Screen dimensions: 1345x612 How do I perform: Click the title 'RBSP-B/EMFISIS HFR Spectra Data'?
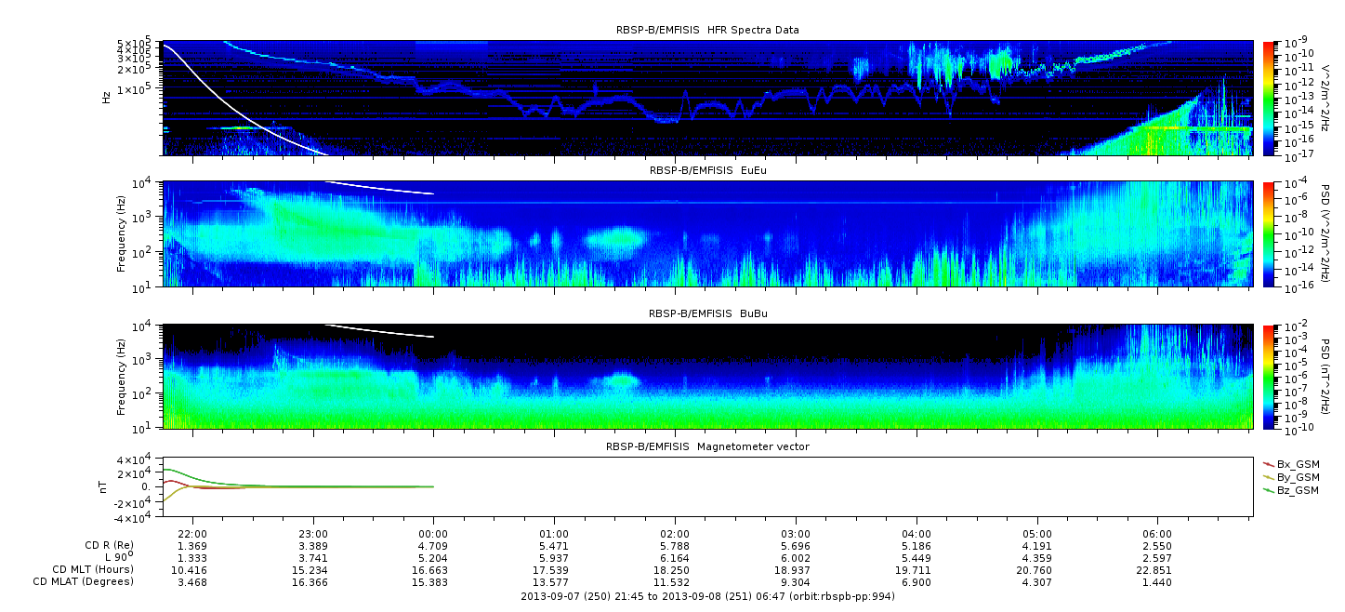tap(707, 30)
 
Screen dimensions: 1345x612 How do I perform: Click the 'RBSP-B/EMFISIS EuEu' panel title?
tap(708, 170)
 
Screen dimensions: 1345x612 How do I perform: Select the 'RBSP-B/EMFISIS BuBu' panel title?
tap(708, 313)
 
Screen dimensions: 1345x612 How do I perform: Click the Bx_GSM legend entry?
tap(1292, 464)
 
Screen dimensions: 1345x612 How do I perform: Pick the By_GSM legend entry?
tap(1292, 477)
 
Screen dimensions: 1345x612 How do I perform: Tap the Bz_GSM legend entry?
tap(1292, 491)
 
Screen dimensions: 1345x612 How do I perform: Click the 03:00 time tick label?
tap(796, 534)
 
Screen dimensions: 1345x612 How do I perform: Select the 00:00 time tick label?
tap(433, 534)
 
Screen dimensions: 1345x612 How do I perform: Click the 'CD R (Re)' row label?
tap(110, 546)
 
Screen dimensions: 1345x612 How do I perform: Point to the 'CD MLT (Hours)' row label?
tap(93, 569)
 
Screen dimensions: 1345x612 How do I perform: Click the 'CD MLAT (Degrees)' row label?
tap(84, 582)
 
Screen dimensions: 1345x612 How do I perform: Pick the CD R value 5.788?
tap(675, 547)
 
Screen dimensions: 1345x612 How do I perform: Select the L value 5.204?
tap(433, 559)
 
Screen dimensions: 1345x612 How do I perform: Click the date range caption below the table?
tap(708, 596)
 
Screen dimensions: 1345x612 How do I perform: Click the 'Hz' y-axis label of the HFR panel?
tap(107, 98)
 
